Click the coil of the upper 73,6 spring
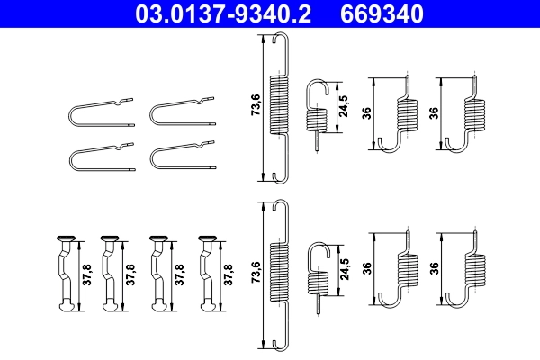281,107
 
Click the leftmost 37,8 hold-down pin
65,274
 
